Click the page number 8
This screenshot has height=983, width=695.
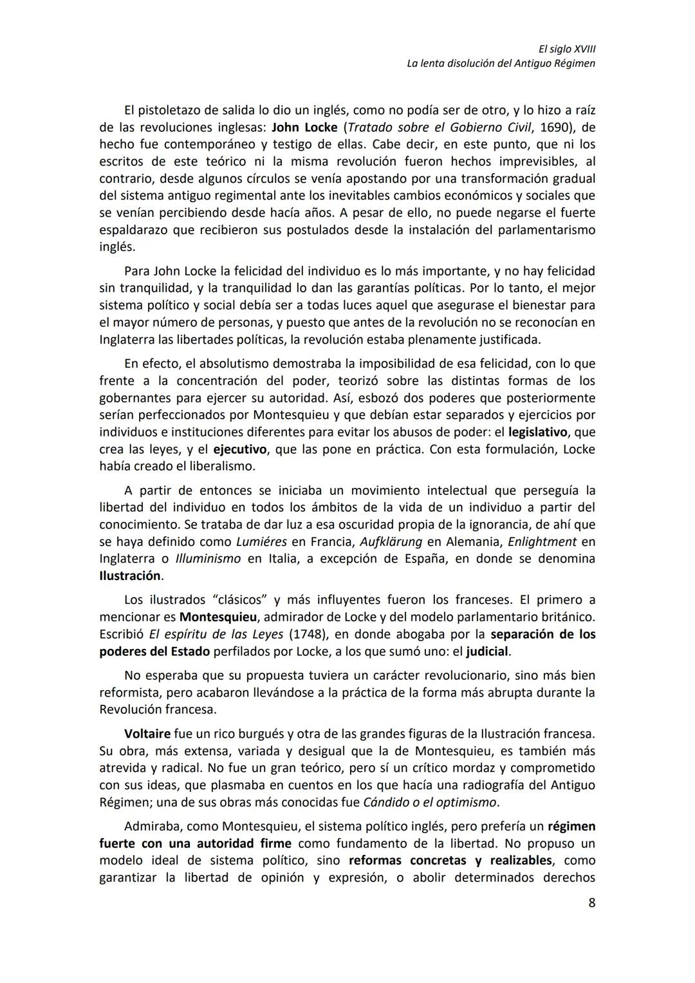[x=591, y=903]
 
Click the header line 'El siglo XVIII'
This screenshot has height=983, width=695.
[x=567, y=49]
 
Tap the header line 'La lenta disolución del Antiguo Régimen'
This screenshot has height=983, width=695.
[x=501, y=64]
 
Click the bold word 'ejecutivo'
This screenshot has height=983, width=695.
[x=239, y=449]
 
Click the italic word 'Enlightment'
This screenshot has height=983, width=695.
[x=542, y=542]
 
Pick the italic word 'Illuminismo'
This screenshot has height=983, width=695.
[x=207, y=559]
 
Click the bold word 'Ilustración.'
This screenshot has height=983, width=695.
[x=131, y=576]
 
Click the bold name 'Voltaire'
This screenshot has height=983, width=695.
[x=147, y=734]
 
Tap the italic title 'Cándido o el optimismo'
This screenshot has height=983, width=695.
[x=430, y=803]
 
